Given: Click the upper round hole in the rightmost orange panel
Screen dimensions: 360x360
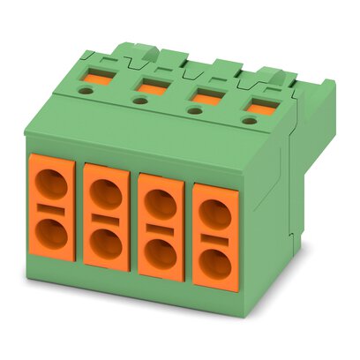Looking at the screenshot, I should point(213,212).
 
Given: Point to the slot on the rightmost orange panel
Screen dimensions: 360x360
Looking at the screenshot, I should point(213,238).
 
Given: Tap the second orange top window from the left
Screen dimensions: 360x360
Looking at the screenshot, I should point(150,86).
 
